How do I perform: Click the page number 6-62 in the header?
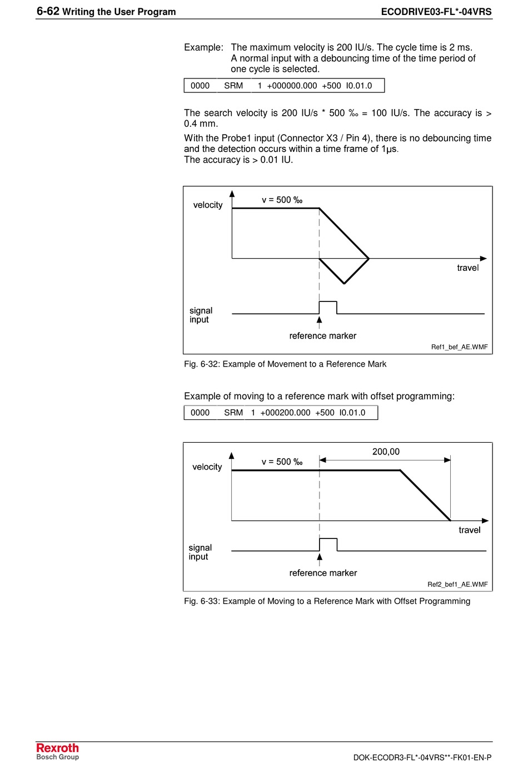coord(48,11)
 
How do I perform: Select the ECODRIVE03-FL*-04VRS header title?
coord(436,12)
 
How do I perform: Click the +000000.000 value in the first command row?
coord(292,86)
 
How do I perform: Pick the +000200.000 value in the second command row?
coord(285,413)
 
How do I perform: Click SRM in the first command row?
coord(233,86)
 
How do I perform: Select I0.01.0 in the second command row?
coord(352,413)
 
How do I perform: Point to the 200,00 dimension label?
coord(386,452)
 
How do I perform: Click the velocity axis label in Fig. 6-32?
coord(208,205)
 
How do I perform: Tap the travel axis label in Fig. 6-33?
coord(469,530)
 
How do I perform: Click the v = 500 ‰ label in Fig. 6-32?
coord(282,200)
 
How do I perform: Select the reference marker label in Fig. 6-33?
coord(323,573)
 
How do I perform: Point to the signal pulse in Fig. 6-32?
coord(328,307)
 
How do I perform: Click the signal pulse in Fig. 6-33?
coord(328,544)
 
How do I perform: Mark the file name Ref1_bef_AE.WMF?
coord(459,347)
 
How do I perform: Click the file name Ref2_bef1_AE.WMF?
coord(457,584)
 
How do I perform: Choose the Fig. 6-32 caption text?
coord(285,364)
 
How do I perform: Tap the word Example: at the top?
coord(203,48)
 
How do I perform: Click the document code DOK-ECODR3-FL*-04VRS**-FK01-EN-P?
coord(422,757)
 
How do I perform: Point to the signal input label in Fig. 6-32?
coord(201,315)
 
